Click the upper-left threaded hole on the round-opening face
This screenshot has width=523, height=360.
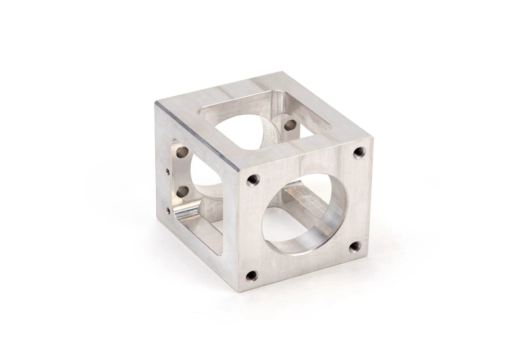[253, 180]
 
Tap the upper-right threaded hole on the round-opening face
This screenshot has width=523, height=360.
[358, 152]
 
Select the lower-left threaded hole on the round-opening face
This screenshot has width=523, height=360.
[252, 276]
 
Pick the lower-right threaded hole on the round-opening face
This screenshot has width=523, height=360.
[354, 246]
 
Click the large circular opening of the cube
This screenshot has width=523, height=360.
[304, 214]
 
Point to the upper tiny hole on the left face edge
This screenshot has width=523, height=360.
[168, 172]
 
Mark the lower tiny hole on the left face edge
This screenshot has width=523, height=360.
[168, 210]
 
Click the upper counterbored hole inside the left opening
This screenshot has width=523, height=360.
[182, 152]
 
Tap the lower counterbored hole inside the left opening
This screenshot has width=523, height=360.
[182, 192]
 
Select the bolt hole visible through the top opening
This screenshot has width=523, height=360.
[290, 125]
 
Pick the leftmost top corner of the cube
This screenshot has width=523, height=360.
[156, 102]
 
